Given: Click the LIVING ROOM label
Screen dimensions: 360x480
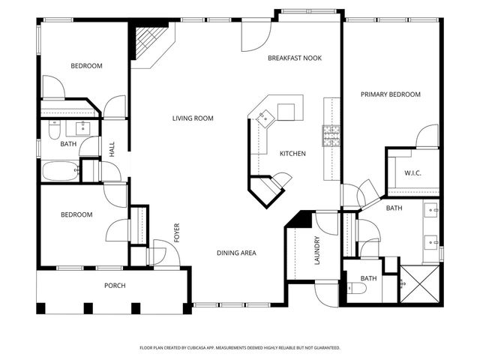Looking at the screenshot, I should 193,118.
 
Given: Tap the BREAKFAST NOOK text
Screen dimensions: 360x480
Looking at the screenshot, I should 295,58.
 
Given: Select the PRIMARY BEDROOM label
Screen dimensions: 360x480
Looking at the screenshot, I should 390,94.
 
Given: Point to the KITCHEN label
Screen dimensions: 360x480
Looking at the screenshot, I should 292,154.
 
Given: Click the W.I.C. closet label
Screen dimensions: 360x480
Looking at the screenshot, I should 413,172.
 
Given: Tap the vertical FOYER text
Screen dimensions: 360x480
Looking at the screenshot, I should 178,232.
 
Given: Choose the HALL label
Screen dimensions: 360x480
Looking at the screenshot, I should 112,149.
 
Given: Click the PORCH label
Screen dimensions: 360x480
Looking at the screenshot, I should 115,286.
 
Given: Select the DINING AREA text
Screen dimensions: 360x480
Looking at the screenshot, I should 237,253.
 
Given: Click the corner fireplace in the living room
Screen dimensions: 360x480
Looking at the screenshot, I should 148,43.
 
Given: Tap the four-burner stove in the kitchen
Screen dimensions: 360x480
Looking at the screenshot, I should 331,136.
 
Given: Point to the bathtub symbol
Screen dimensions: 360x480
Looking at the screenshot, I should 61,171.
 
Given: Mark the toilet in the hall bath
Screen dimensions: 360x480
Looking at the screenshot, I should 53,130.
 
